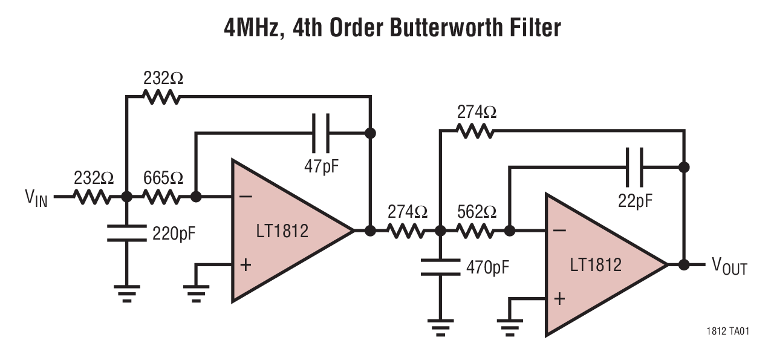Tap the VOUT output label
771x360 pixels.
pyautogui.click(x=729, y=266)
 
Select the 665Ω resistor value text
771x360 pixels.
pyautogui.click(x=163, y=178)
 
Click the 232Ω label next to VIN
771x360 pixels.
pyautogui.click(x=93, y=178)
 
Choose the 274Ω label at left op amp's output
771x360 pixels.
pyautogui.click(x=407, y=212)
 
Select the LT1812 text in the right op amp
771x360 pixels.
pyautogui.click(x=596, y=264)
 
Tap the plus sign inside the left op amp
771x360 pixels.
pyautogui.click(x=246, y=265)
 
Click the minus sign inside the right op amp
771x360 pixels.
pyautogui.click(x=560, y=231)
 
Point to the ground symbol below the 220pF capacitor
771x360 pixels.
pyautogui.click(x=126, y=293)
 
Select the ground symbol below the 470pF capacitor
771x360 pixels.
pyautogui.click(x=441, y=327)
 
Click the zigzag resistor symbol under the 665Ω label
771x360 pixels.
pyautogui.click(x=161, y=197)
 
